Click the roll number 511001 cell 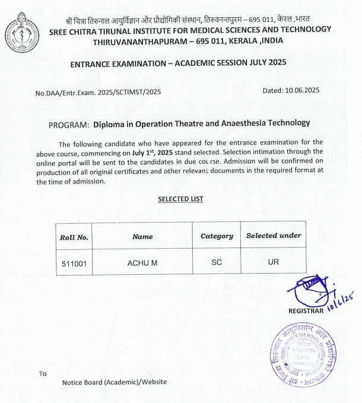(x=74, y=262)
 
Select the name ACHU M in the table (x=142, y=262)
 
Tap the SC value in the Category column (x=216, y=262)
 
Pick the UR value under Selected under (x=273, y=262)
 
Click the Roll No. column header (x=74, y=237)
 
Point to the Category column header (x=217, y=236)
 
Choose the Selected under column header (x=274, y=236)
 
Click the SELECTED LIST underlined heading (x=180, y=199)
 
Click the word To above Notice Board (x=42, y=374)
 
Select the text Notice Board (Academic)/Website (x=115, y=382)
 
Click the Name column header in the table (x=142, y=236)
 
